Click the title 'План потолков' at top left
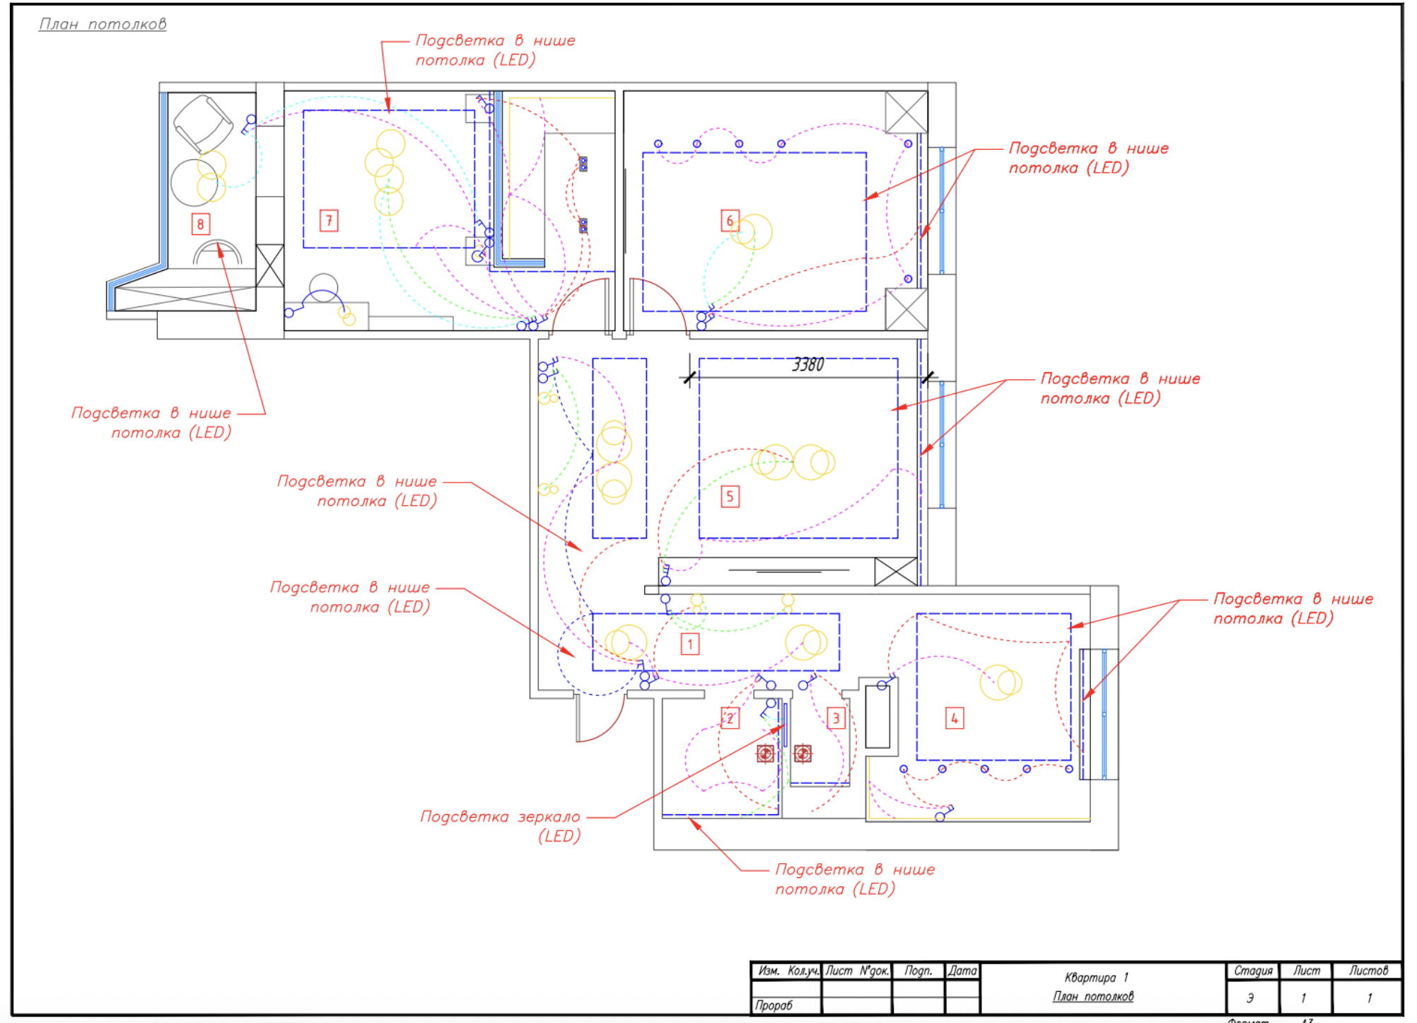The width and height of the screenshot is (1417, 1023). coord(103,24)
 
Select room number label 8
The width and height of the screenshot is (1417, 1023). coord(200,224)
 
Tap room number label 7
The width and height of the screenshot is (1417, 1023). coord(329,221)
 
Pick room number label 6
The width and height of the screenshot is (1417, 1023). coord(730,221)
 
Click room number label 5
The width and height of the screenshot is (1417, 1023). coord(730,497)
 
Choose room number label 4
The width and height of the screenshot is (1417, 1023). coord(955,719)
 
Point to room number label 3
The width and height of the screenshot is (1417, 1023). coord(836,719)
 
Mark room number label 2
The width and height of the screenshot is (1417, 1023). coord(730,719)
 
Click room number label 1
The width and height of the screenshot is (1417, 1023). coord(689,644)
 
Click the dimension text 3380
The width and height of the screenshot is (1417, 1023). coord(807,365)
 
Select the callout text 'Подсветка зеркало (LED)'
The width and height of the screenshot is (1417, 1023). coord(501,826)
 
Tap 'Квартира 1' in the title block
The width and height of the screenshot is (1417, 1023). coord(1096,977)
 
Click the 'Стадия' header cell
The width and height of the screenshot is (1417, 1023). coord(1253,971)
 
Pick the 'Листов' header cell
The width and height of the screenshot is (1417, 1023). coord(1368,971)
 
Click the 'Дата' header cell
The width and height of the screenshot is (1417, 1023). coord(962,971)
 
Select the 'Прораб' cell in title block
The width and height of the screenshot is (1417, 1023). coord(774,1005)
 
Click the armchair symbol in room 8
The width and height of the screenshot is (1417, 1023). coord(203,125)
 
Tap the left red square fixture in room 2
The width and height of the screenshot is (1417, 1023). coord(765,753)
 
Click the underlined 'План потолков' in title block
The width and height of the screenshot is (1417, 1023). coord(1093,996)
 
